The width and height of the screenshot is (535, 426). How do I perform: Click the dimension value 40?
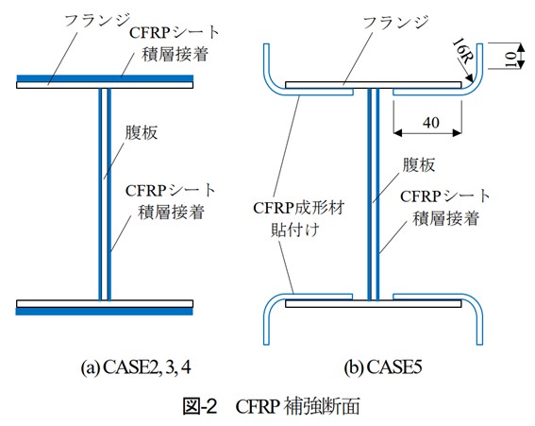coord(431,122)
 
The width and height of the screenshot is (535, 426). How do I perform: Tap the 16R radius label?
coord(462,52)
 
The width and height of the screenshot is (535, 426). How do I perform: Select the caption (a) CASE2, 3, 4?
coord(136,367)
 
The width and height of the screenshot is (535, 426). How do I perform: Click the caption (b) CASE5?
coord(382,367)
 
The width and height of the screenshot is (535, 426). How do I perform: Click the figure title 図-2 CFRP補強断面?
coord(271,406)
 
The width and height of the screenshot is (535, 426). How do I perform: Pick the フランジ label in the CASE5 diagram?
coord(395,23)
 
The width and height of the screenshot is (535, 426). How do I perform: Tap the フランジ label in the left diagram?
coord(97,20)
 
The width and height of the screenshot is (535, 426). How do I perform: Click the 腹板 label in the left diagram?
coord(141,132)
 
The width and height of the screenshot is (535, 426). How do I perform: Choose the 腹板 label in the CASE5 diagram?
coord(419,165)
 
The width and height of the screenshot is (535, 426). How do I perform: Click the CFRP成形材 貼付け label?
coord(298,218)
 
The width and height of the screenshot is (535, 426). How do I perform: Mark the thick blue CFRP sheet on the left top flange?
coord(105,78)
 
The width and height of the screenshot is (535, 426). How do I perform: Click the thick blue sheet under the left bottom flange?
coord(105,311)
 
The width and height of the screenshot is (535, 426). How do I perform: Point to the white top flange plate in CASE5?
coord(374,85)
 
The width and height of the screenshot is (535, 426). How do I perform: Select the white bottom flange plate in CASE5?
coord(374,303)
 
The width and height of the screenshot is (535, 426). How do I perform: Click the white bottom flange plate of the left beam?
coord(105,304)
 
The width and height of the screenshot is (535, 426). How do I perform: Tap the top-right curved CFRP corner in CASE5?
coord(476,85)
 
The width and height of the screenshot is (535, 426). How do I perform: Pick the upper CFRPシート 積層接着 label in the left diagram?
coord(175,43)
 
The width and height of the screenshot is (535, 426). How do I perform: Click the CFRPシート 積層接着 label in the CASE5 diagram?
coord(445,208)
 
